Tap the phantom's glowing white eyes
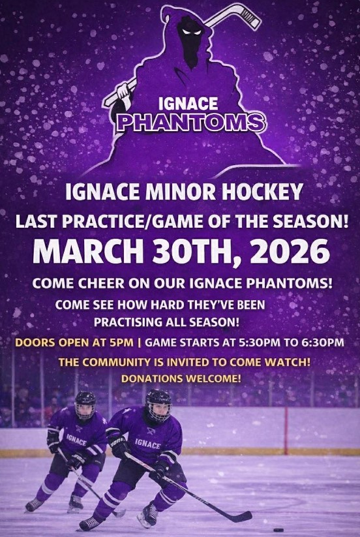tap(192, 32)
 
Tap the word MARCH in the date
tap(88, 251)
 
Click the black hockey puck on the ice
tap(278, 530)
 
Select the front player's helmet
tap(158, 405)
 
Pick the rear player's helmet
tap(85, 405)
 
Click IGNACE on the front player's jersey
tap(147, 443)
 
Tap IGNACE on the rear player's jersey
tap(76, 439)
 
